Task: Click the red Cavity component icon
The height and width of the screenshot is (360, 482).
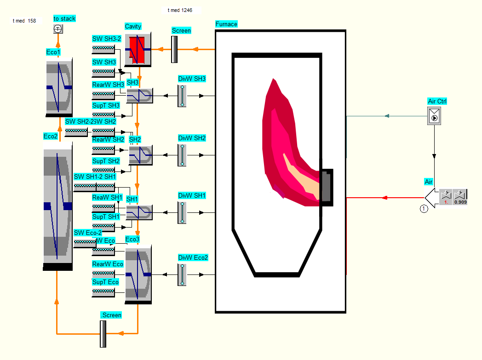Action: click(138, 49)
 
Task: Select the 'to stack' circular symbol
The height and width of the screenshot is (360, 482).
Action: click(58, 29)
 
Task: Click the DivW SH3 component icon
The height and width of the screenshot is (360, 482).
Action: click(182, 96)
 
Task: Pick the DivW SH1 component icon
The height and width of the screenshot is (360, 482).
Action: click(182, 212)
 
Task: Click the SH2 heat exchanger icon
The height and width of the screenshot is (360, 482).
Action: click(140, 155)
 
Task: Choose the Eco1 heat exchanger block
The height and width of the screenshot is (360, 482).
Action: click(59, 87)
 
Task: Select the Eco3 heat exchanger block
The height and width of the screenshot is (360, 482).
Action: click(138, 274)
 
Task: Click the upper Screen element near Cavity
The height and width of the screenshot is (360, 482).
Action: click(174, 49)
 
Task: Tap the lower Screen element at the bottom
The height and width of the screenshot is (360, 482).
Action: click(103, 333)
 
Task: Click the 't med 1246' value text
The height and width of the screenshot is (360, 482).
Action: click(180, 10)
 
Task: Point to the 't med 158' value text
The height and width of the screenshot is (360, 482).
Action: click(24, 21)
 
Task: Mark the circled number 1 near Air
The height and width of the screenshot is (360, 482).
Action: click(424, 208)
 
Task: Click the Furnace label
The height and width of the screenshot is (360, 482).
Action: click(226, 24)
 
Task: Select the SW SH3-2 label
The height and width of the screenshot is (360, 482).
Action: click(106, 39)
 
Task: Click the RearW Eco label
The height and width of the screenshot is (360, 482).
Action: click(108, 264)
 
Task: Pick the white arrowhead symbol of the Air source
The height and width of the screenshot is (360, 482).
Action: click(431, 197)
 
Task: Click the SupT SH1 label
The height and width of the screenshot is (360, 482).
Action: click(106, 217)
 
